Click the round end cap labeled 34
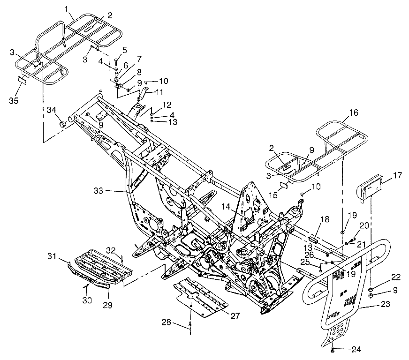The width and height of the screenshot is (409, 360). pyautogui.click(x=61, y=124)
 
